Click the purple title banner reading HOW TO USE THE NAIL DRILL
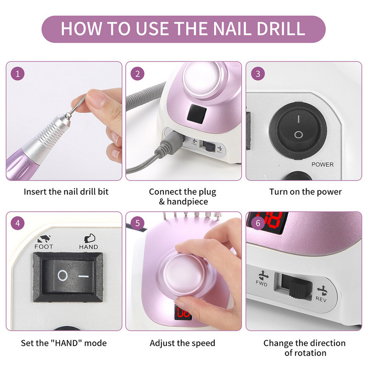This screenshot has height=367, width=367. pos(183,29)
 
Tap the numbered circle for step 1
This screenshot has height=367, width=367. pos(17,74)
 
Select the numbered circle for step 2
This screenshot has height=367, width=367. pos(137,74)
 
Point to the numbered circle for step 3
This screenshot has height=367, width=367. pos(258,74)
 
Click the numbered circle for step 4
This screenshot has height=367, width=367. pos(17,223)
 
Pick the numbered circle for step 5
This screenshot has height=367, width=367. pos(137,223)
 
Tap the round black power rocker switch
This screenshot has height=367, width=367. pos(298,131)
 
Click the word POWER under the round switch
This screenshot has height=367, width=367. pos(323,165)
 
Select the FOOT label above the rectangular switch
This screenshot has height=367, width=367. pos(44,247)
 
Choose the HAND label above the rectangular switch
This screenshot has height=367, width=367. pos(89,247)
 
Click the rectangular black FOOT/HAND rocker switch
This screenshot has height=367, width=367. pos(68,277)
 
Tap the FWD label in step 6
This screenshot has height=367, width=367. pos(261,284)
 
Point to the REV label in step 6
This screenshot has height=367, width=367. pos(321,299)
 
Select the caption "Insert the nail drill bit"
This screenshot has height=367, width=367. pos(66,192)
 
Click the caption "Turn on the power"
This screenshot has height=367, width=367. pos(306,192)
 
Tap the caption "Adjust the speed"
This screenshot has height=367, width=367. pos(182,343)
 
